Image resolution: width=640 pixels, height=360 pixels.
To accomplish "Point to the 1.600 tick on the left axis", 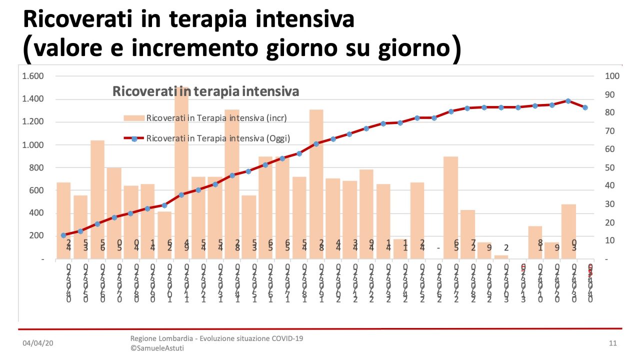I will point(33,76).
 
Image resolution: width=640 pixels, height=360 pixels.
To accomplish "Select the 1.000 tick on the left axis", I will point(33,145).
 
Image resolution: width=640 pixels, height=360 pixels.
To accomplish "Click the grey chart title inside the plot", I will point(205,91).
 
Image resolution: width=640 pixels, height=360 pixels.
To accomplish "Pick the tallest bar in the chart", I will point(181,172).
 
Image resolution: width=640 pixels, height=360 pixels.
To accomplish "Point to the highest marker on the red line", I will point(568,100).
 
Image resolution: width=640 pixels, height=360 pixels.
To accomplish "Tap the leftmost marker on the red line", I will point(63,235).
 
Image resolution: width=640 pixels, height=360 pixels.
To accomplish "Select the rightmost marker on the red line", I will point(585,107).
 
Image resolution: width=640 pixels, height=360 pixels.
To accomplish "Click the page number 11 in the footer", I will point(613,343).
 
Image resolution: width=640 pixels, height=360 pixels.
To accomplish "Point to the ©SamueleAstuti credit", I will point(157,348).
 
